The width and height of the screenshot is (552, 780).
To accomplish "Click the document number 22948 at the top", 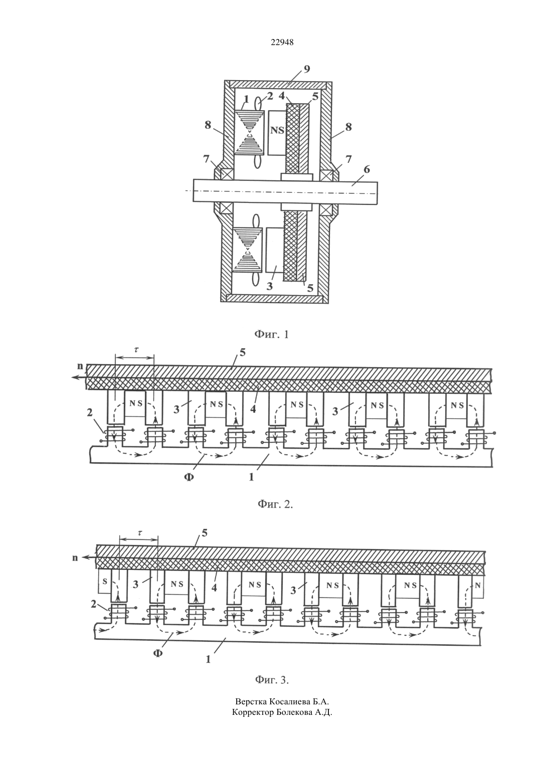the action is [x=282, y=43].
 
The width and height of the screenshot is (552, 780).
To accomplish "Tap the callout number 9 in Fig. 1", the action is [x=307, y=69].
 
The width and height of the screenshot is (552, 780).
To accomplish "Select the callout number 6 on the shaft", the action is [x=366, y=170].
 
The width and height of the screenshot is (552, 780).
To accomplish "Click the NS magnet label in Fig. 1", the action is [x=278, y=131].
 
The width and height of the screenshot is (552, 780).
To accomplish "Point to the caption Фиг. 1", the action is [x=271, y=335].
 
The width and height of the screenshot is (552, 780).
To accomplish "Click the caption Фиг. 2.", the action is [x=275, y=504].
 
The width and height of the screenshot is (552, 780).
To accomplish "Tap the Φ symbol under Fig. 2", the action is [x=189, y=477].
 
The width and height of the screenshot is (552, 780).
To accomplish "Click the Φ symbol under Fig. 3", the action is [x=158, y=653].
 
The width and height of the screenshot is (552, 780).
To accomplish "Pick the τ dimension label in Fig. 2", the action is [x=136, y=349].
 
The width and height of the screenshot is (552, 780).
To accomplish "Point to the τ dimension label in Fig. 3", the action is [x=140, y=533].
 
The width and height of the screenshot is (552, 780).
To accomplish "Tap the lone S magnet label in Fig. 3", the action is [x=104, y=582].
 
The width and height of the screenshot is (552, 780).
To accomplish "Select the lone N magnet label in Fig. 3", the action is [x=477, y=585].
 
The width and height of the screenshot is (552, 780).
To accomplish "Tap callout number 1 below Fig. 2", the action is [x=251, y=477].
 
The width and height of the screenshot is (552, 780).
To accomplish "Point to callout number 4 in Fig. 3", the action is [x=214, y=588].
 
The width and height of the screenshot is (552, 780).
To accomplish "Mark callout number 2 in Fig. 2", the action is [x=90, y=412].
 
